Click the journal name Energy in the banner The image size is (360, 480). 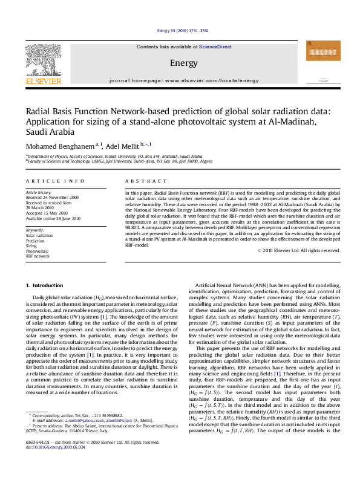179,63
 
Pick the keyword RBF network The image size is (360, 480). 38,256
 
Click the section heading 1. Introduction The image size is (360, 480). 46,285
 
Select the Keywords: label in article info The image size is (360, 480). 35,230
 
